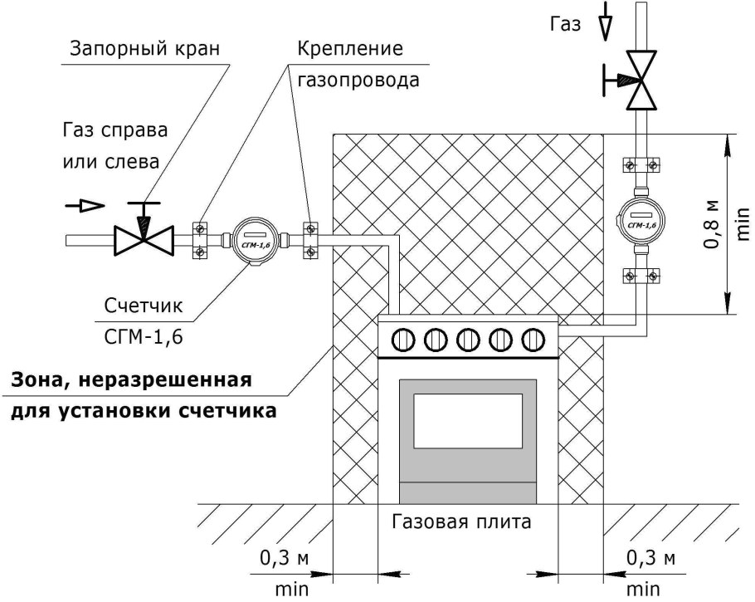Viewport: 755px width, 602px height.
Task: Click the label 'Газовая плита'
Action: pyautogui.click(x=460, y=523)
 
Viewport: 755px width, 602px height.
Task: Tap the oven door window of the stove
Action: pyautogui.click(x=469, y=421)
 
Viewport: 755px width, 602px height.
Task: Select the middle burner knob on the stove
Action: pyautogui.click(x=469, y=339)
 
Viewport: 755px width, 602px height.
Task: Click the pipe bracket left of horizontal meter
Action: pyautogui.click(x=201, y=239)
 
